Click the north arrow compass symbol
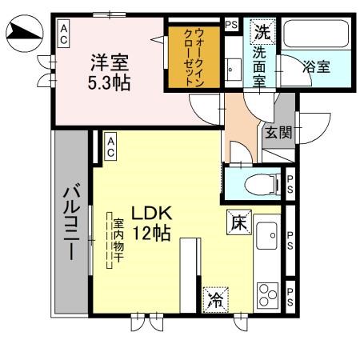point(23,33)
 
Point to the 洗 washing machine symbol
point(262,33)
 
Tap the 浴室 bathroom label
point(316,67)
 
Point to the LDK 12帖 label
point(151,224)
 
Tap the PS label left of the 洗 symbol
point(231,25)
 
